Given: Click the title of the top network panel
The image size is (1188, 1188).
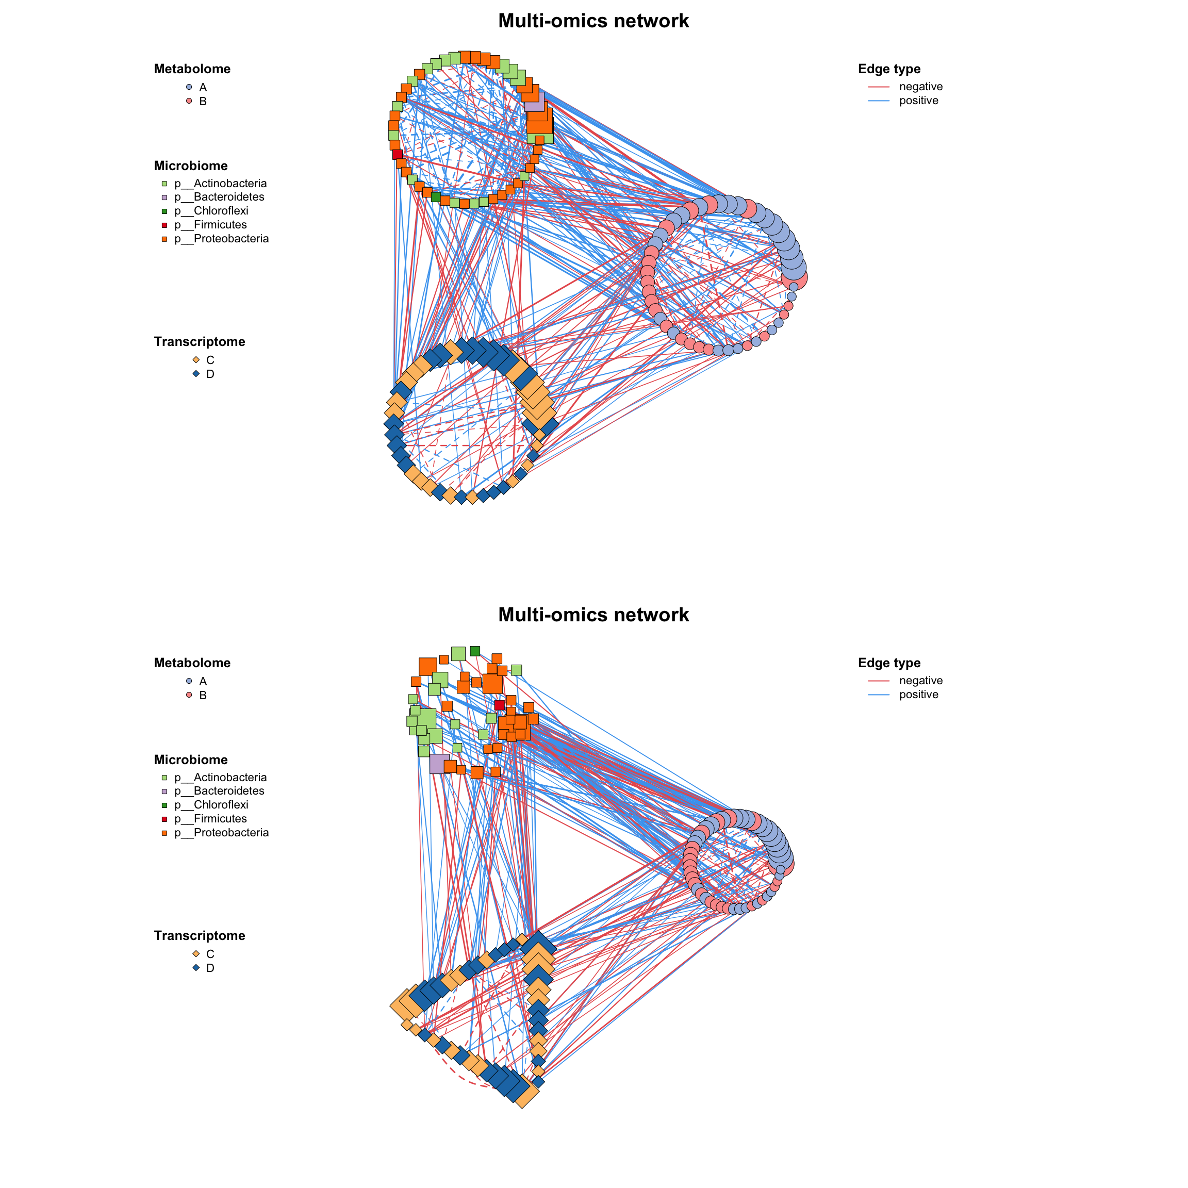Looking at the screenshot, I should click(x=593, y=21).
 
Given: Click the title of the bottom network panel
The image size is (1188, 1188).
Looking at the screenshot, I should click(x=593, y=615).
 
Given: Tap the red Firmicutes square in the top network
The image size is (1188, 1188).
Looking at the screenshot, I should click(x=397, y=154).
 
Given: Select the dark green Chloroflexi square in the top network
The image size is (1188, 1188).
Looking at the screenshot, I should click(x=436, y=197).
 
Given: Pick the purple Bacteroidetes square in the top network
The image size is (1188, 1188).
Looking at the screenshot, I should click(x=534, y=102).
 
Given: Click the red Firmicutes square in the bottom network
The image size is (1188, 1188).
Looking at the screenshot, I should click(x=499, y=705).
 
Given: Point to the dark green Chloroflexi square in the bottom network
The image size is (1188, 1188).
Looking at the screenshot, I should click(x=475, y=651).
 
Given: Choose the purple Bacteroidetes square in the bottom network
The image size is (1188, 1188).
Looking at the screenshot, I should click(x=439, y=764).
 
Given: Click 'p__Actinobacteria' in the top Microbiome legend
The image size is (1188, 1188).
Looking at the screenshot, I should click(x=220, y=183).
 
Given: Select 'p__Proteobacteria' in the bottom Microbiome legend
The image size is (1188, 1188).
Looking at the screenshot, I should click(x=221, y=833).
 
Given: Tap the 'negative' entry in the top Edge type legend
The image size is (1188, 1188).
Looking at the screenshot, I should click(x=920, y=87).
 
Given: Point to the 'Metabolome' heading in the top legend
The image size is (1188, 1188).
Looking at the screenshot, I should click(x=192, y=69).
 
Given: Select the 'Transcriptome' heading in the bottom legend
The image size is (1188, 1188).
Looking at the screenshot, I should click(x=199, y=936).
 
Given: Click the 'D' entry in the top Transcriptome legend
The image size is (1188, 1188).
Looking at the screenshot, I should click(x=210, y=374).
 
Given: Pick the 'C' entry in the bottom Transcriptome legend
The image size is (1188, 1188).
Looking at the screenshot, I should click(x=210, y=954).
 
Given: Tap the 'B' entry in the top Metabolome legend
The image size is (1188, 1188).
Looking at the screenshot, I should click(x=202, y=102).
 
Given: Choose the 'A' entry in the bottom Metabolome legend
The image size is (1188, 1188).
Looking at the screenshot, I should click(x=202, y=681).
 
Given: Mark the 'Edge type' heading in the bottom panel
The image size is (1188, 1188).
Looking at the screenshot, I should click(x=889, y=663).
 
